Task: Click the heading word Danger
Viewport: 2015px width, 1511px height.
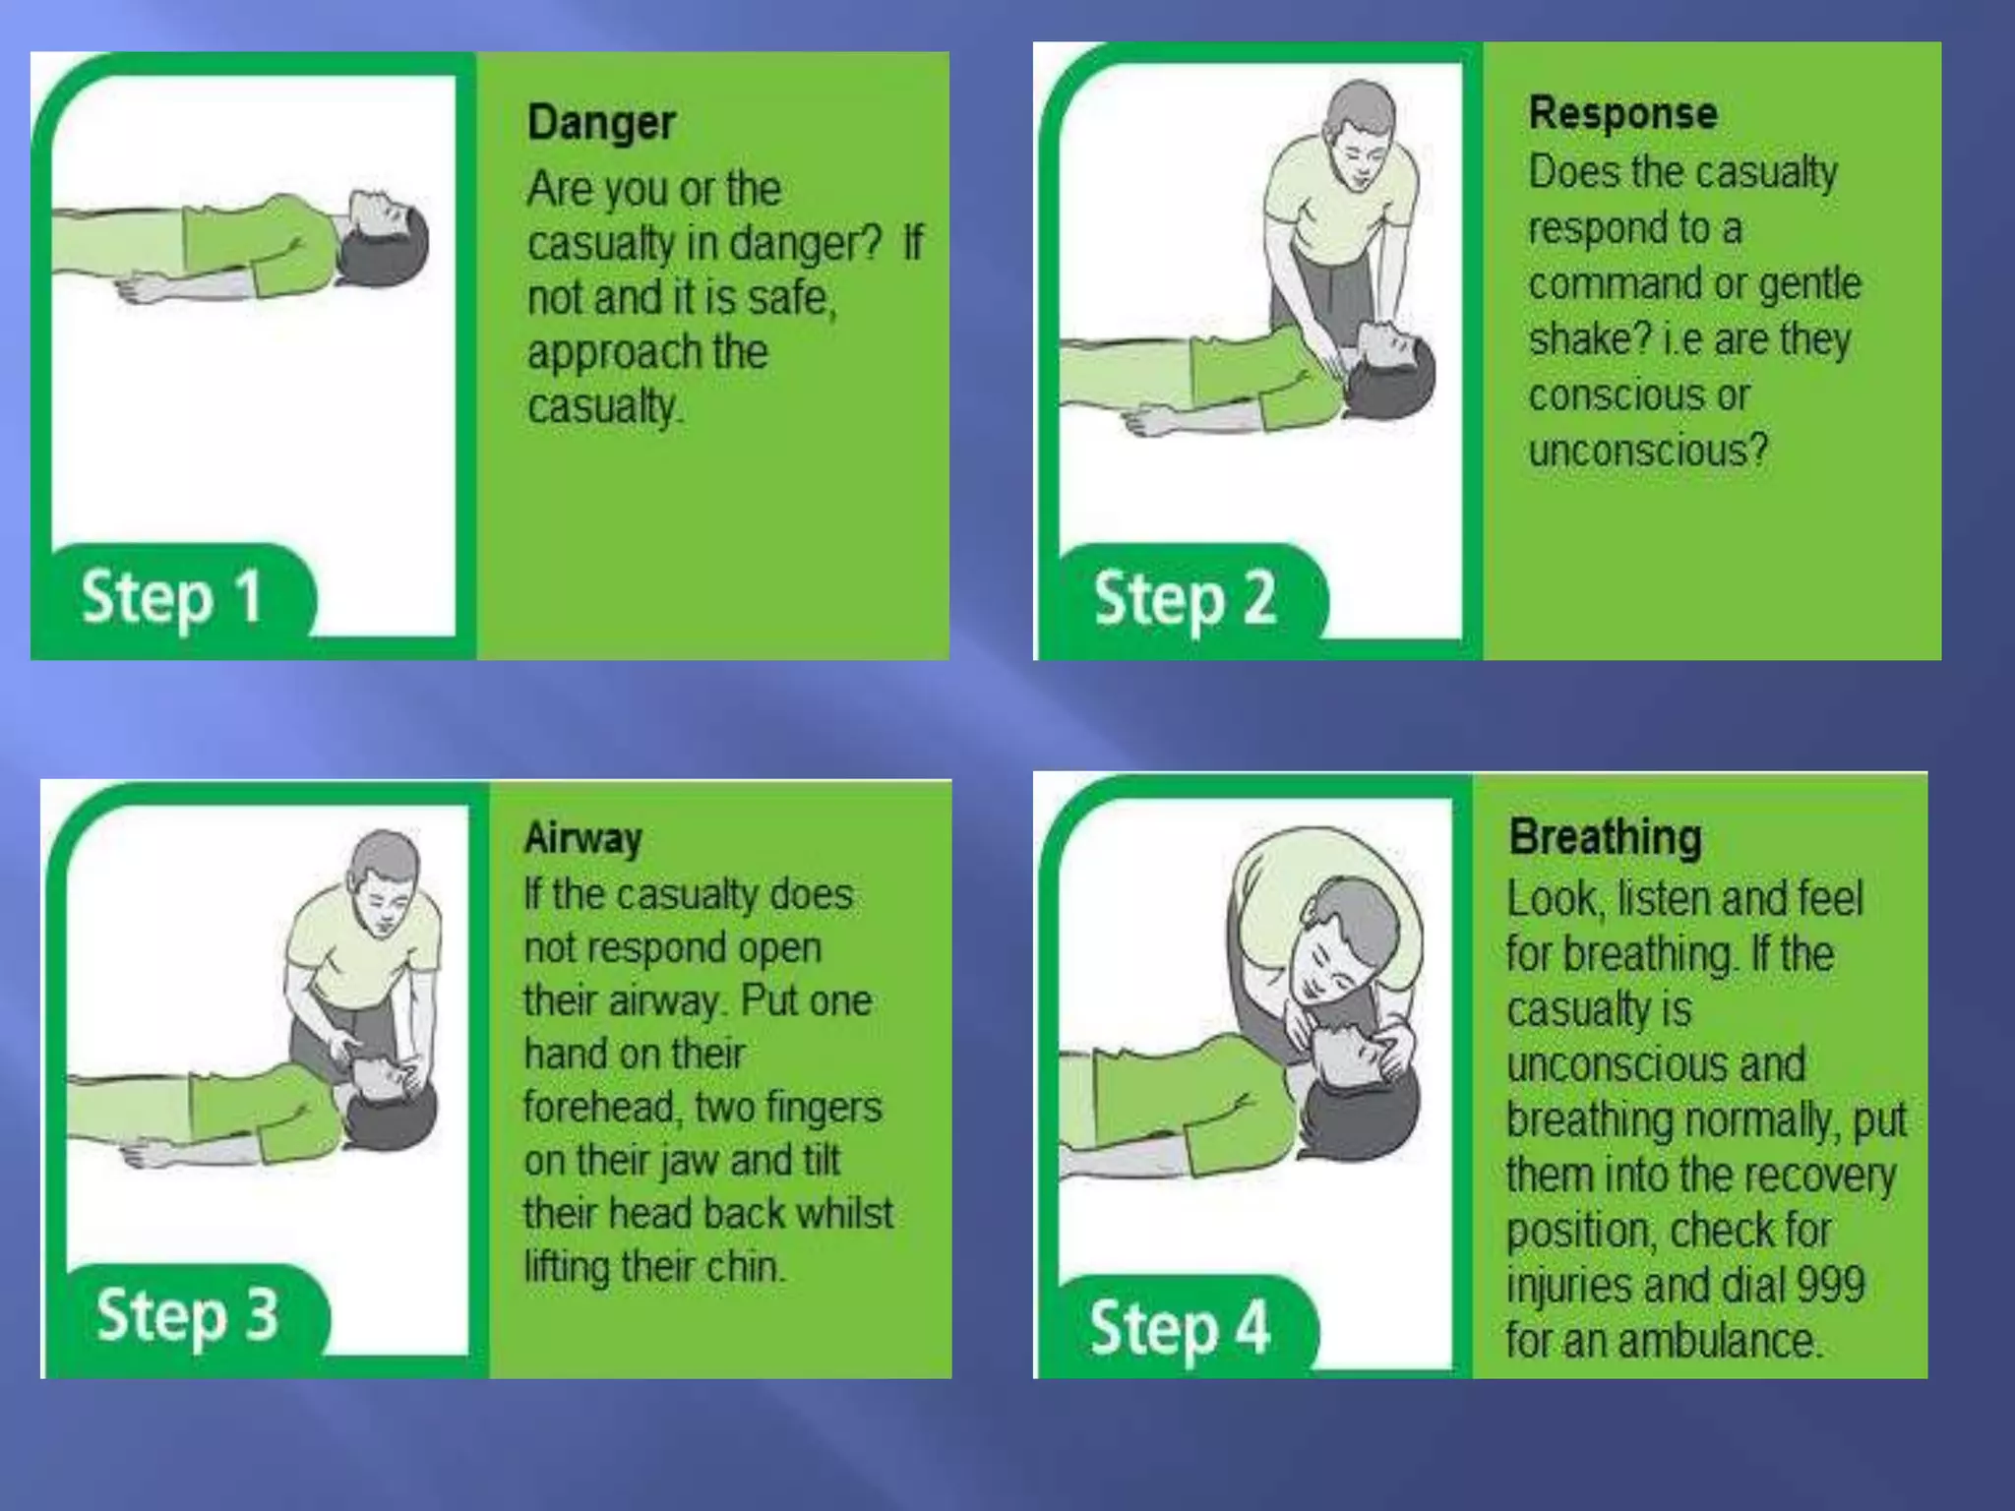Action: (x=601, y=124)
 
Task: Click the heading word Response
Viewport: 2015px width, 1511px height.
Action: (x=1622, y=113)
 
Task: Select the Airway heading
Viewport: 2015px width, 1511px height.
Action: (x=582, y=838)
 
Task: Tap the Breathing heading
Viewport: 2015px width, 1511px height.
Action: (x=1605, y=837)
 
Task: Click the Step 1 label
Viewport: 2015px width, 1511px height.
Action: (x=172, y=597)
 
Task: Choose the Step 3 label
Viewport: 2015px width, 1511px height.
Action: (x=187, y=1315)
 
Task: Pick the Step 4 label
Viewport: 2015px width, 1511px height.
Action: (x=1179, y=1327)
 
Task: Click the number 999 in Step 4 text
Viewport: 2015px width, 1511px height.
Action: (x=1830, y=1285)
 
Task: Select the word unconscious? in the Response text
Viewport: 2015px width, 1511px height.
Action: (x=1648, y=451)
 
